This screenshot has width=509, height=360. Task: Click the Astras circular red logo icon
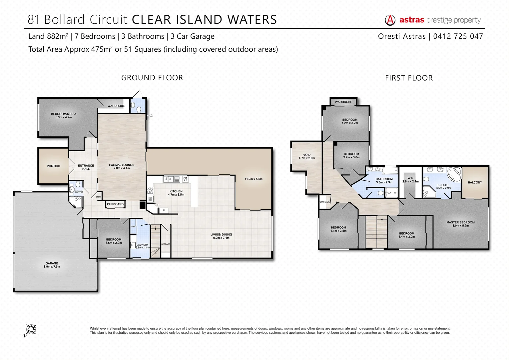390,20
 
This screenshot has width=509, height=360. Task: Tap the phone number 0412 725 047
458,36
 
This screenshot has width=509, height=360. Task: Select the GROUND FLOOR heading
152,78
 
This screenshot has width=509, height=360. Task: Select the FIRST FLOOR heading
409,78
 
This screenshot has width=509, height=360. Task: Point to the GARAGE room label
52,263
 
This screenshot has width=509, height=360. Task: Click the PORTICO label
53,166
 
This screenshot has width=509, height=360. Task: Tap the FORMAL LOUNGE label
121,165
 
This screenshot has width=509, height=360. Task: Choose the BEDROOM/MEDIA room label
63,114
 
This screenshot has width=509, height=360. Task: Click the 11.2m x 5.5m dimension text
253,179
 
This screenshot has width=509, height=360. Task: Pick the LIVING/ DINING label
221,235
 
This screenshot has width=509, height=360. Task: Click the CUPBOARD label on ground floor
115,204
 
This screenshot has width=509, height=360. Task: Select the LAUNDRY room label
143,245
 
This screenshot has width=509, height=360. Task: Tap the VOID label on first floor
307,155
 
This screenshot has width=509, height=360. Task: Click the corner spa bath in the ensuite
453,173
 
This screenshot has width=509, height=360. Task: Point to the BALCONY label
475,182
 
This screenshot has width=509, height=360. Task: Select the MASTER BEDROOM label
460,222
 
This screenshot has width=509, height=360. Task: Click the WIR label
410,178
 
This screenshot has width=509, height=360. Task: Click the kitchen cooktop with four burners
150,191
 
